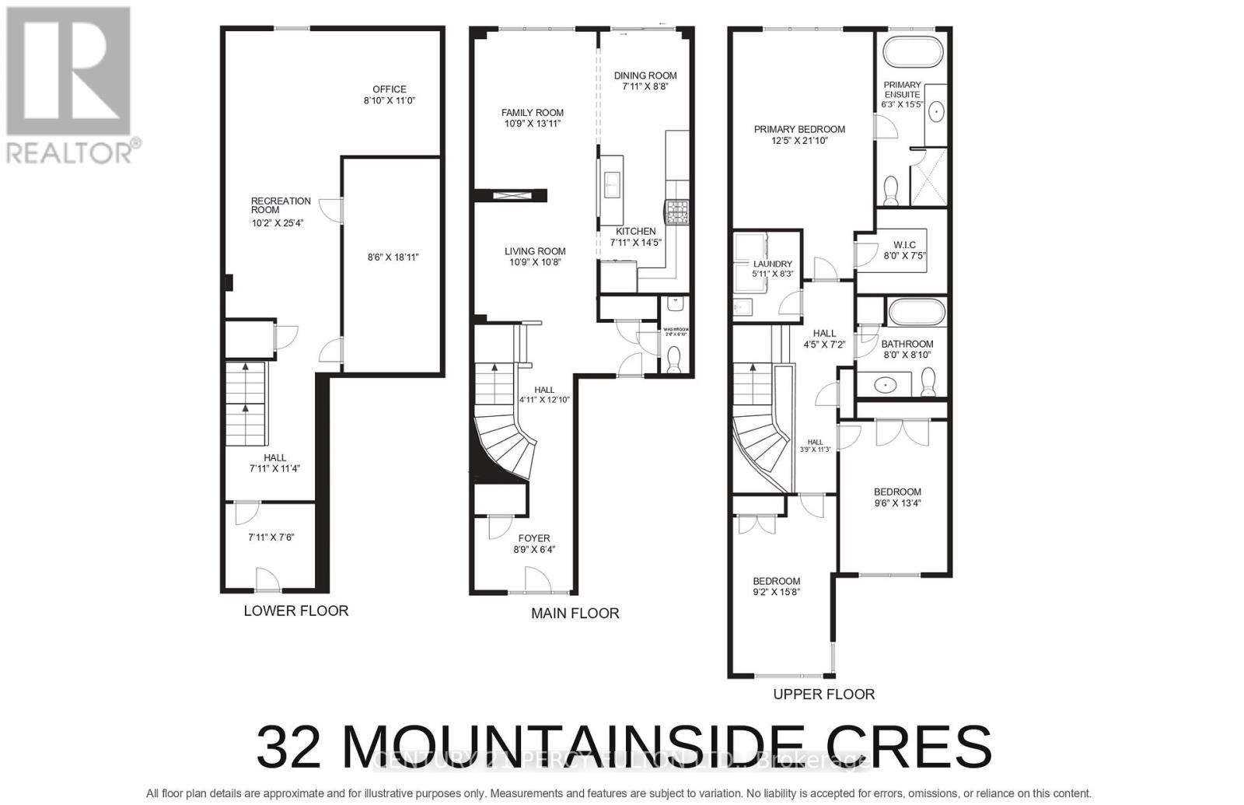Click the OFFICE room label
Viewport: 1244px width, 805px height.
389,89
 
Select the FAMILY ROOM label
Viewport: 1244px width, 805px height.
532,113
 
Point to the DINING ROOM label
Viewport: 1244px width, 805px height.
645,75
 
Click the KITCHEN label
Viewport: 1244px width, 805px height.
635,231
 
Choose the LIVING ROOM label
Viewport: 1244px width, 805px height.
535,251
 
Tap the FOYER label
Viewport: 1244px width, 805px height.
534,538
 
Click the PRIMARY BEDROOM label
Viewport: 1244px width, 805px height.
799,129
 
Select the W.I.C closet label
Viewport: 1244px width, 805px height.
904,245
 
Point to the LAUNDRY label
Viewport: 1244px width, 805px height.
772,264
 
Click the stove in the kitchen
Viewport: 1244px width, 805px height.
675,209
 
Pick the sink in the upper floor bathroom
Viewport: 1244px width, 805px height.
884,383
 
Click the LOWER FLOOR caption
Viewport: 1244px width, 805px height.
296,611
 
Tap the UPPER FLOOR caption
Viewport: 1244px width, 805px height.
823,694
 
